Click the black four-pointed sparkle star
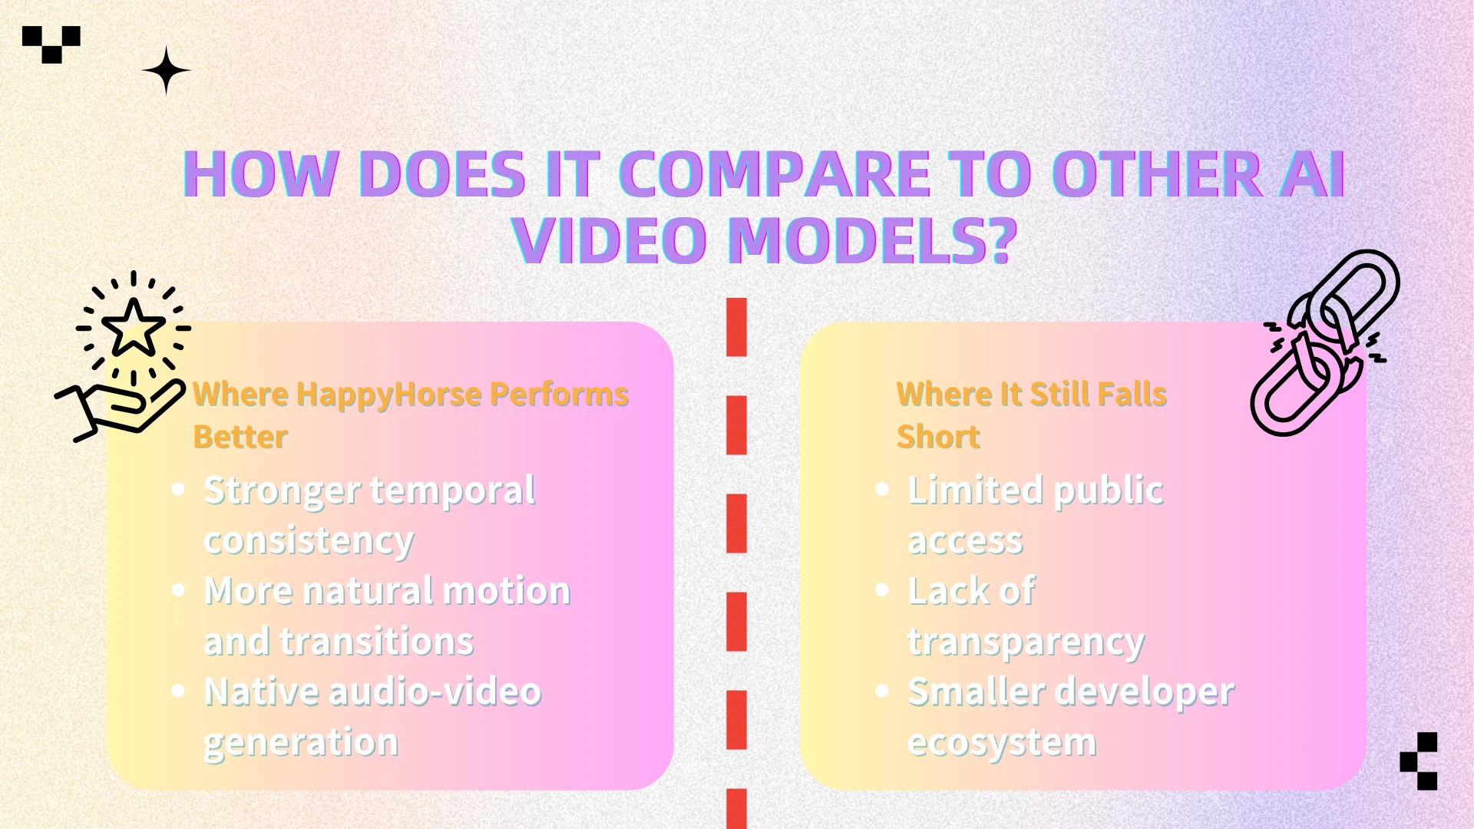pos(166,70)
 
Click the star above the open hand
pos(134,328)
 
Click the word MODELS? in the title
pos(872,240)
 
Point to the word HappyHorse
pos(389,395)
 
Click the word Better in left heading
pos(240,437)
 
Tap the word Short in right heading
pos(938,437)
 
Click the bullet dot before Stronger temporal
pos(178,489)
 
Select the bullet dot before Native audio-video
pos(178,690)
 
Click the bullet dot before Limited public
pos(882,489)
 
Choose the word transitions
pos(376,642)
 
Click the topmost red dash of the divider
pos(736,327)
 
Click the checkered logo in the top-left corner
pos(51,45)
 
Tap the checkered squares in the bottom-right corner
pos(1419,761)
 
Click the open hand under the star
pos(121,408)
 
